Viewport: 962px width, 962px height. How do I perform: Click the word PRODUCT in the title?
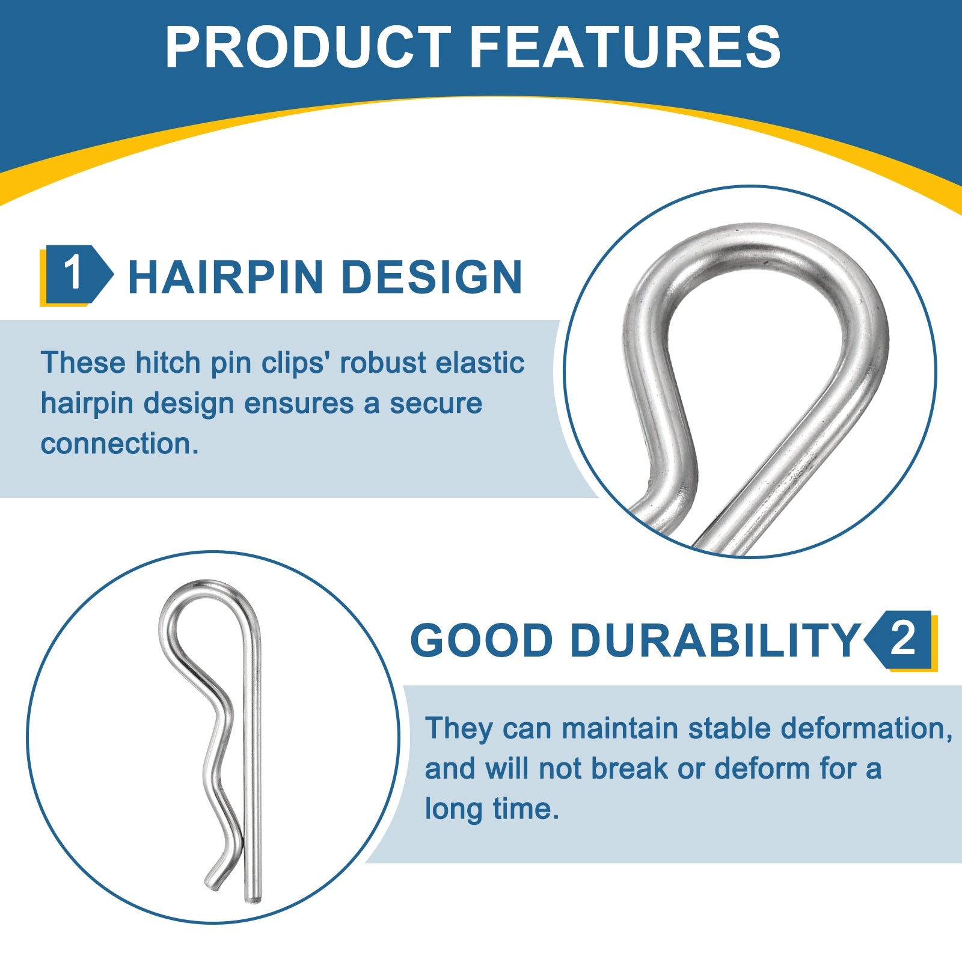[x=308, y=47]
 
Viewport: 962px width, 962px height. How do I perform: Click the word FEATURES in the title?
[x=625, y=47]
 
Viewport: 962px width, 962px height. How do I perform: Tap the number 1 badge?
[x=76, y=274]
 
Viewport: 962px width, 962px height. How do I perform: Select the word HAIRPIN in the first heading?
[x=226, y=277]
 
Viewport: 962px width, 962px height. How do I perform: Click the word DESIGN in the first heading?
[x=432, y=277]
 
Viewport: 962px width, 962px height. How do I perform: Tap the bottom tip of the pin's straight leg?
[x=253, y=898]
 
